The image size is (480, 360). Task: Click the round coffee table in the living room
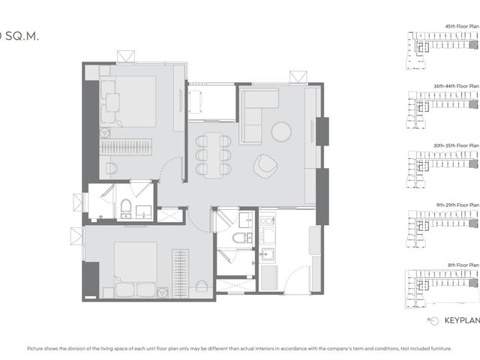tap(281, 132)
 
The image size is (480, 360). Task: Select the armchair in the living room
tap(265, 166)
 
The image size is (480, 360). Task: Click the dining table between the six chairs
tap(213, 155)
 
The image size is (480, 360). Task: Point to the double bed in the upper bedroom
tap(132, 102)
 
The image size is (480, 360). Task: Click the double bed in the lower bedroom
tap(136, 269)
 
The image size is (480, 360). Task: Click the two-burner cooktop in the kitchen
tap(267, 220)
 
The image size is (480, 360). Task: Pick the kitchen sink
tap(268, 254)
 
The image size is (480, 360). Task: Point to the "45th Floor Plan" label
tap(462, 27)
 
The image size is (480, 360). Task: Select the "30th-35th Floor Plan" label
tap(456, 145)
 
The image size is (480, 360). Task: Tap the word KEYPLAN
tap(462, 320)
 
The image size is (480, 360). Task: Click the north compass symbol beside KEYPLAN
tap(433, 321)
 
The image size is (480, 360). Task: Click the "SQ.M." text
tap(22, 37)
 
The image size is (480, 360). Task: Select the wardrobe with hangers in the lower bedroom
tap(180, 274)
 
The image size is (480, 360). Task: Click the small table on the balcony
tap(196, 102)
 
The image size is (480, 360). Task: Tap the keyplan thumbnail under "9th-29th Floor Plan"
tap(442, 229)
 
